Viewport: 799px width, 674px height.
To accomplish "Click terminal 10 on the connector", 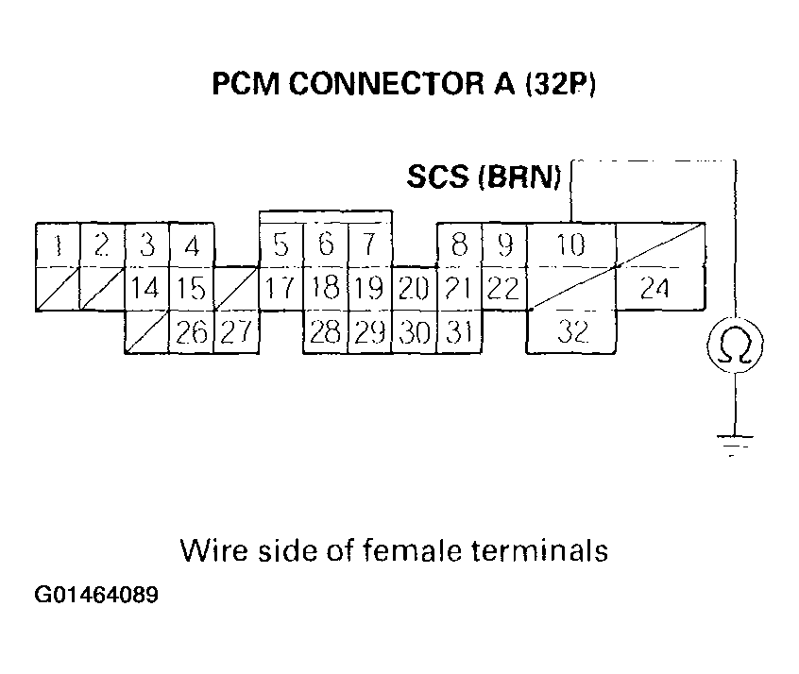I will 570,245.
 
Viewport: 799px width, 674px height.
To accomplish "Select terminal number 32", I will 570,331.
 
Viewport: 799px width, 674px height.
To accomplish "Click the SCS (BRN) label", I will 484,177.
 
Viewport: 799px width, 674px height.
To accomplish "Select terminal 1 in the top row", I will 58,245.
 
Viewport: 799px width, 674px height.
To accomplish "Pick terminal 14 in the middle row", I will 145,288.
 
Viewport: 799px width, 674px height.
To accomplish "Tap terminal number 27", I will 236,331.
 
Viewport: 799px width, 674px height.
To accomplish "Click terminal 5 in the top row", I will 280,245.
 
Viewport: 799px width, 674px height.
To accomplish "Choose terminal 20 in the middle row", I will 414,288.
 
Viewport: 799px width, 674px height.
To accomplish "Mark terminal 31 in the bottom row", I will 458,331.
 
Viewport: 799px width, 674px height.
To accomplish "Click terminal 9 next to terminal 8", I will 503,245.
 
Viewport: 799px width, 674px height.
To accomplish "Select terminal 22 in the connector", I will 503,288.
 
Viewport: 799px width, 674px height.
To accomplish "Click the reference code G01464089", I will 96,597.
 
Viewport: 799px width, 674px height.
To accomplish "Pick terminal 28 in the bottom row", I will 324,331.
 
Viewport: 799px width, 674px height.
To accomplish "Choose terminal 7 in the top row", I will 369,245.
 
